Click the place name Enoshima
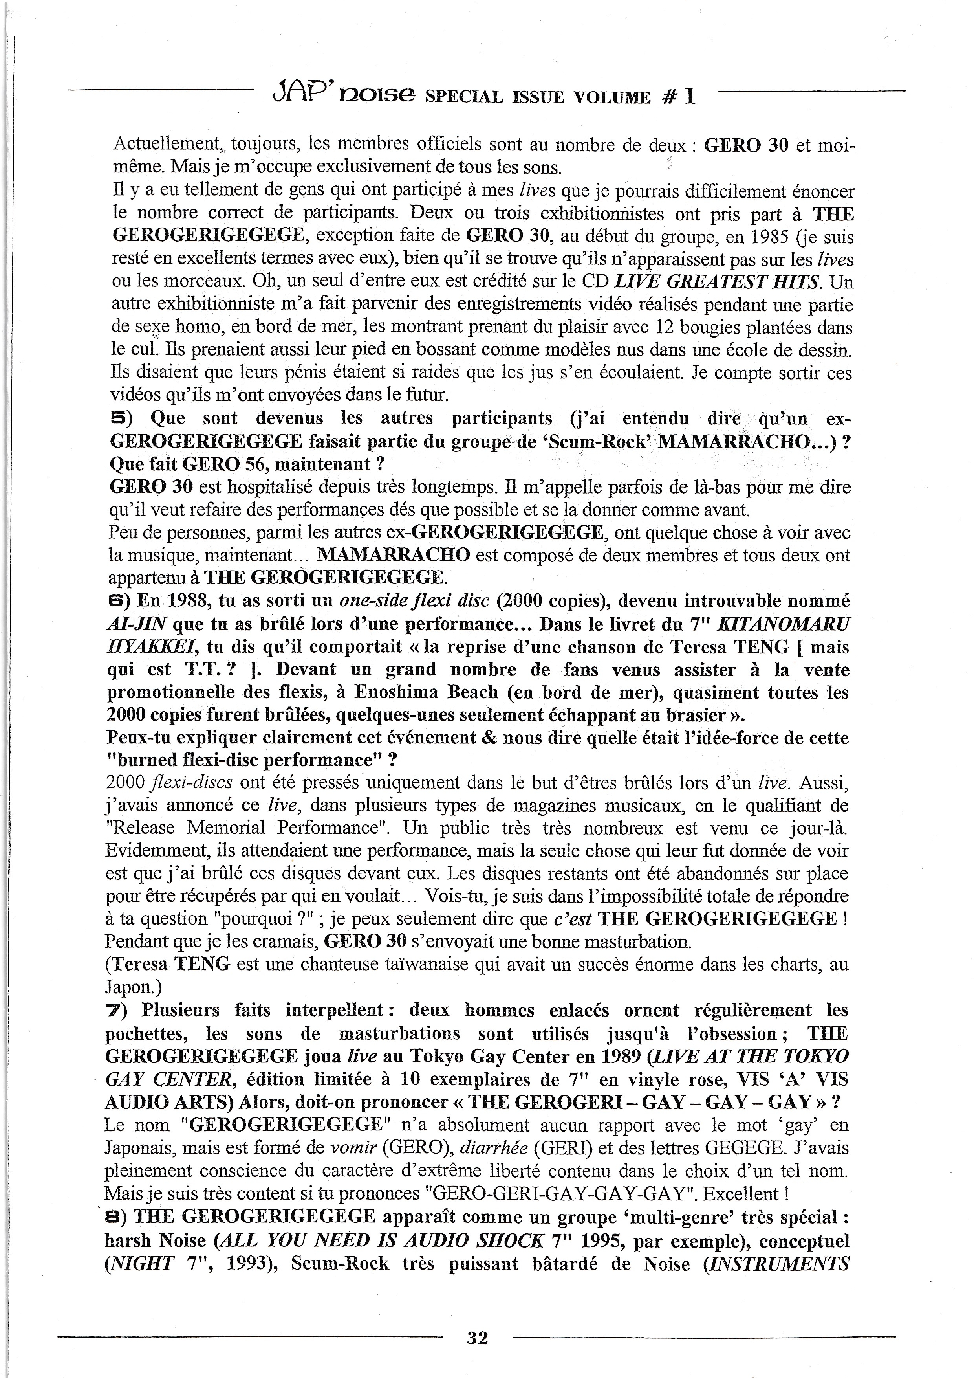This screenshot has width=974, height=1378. point(392,693)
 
